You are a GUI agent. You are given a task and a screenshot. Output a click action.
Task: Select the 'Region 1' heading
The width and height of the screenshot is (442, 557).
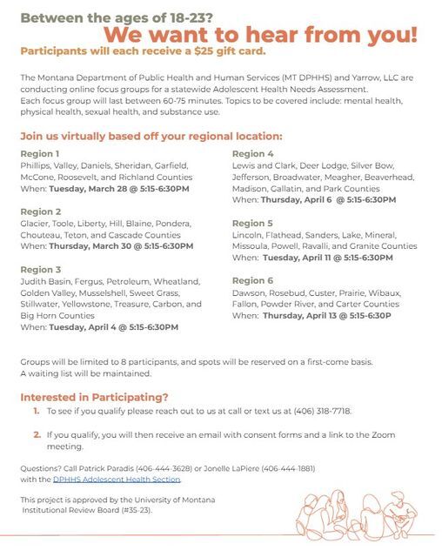click(40, 153)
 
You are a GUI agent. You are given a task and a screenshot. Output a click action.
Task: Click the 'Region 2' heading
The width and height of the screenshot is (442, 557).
click(40, 211)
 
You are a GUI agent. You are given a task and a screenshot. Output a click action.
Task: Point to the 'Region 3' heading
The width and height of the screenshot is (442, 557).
click(40, 270)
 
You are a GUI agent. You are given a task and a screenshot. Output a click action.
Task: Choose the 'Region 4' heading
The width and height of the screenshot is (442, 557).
click(253, 153)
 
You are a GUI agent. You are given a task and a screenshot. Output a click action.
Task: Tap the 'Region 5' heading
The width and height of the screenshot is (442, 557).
click(253, 224)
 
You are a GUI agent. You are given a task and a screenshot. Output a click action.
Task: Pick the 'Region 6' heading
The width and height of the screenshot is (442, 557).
click(253, 281)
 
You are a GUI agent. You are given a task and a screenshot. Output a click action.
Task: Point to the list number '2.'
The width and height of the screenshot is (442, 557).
click(37, 434)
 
